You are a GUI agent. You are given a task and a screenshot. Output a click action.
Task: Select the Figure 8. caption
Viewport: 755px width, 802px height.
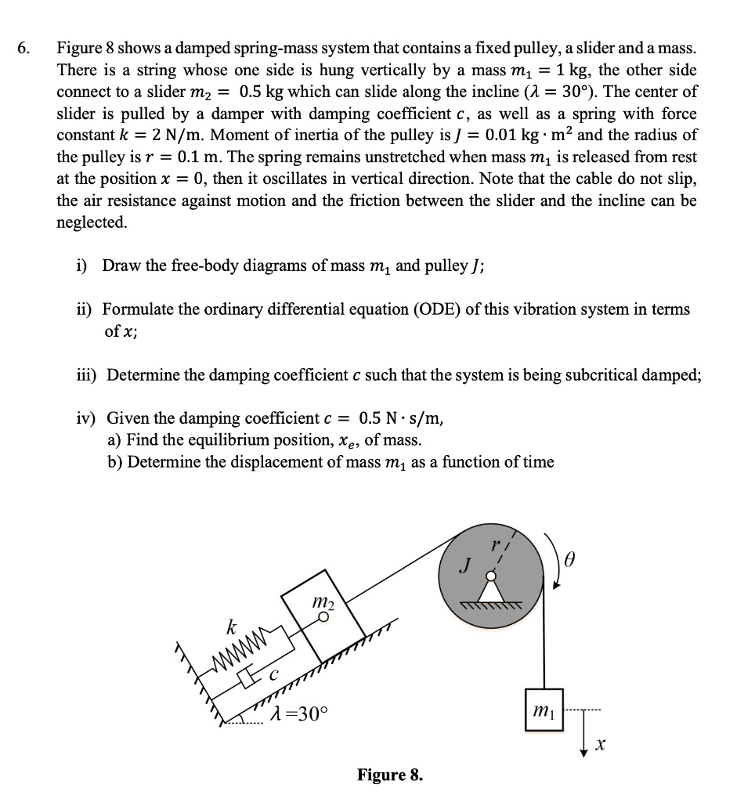tap(389, 775)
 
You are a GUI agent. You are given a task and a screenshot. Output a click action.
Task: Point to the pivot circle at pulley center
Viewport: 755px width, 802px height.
tap(491, 576)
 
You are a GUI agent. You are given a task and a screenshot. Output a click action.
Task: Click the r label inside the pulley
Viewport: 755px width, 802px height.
tap(494, 543)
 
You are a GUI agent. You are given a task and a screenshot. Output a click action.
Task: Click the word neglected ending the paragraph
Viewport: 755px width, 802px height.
tap(92, 222)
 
